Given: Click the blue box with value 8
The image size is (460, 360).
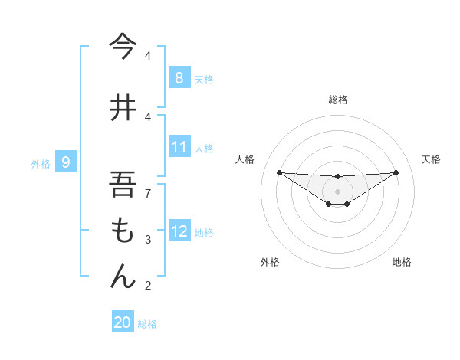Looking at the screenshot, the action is (179, 77).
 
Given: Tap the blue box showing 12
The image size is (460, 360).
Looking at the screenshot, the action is (179, 231).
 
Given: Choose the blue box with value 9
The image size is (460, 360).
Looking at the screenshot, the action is (67, 162).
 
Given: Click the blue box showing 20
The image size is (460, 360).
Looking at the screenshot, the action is (122, 322).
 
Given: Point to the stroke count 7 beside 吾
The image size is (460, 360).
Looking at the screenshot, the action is (148, 194).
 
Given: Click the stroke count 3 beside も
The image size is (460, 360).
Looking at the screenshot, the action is (148, 240).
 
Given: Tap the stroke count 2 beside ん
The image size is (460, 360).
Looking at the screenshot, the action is (148, 286).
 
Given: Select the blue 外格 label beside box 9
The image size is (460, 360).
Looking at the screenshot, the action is (40, 163).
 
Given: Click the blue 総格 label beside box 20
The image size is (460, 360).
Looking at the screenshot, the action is (147, 324).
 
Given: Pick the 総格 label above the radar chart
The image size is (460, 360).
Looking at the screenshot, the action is (337, 100).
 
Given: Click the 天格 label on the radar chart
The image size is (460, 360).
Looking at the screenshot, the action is (432, 159).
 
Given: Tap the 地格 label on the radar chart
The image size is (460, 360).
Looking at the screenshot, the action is (402, 262).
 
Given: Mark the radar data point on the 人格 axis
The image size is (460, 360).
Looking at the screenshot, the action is (279, 172).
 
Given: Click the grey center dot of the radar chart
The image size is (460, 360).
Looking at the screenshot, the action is (337, 191).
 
